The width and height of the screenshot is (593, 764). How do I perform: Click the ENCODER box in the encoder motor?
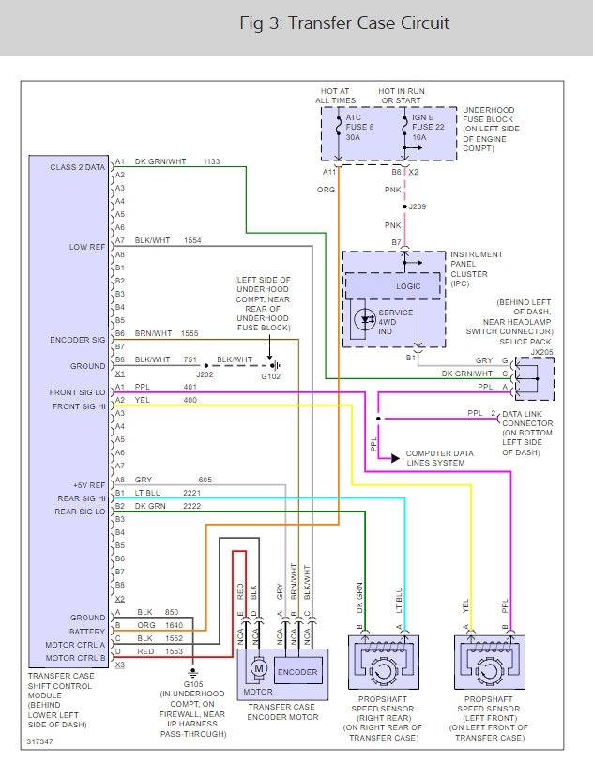(297, 672)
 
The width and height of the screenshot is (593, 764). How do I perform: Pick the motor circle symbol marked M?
(256, 666)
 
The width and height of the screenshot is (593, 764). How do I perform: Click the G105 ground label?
(192, 685)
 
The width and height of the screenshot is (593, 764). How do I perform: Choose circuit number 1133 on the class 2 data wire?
(211, 162)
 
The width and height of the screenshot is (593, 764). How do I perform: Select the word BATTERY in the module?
(88, 631)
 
